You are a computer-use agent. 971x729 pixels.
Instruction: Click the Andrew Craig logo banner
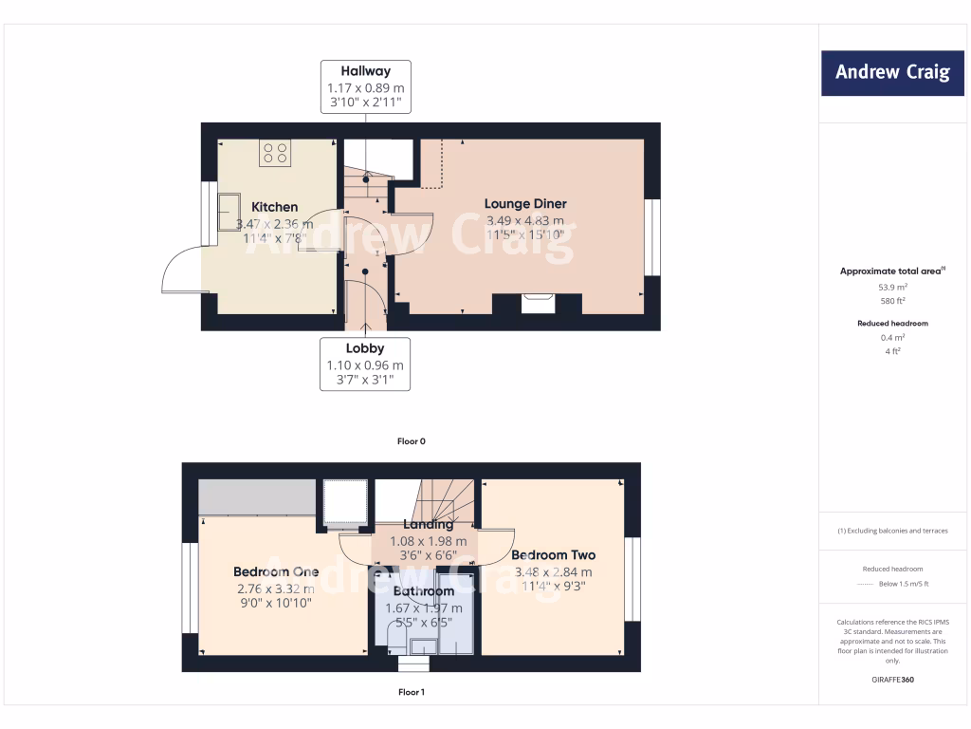[x=892, y=72]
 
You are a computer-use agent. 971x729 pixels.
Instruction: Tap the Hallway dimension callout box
[x=365, y=86]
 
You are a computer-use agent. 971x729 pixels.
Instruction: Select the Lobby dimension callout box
[x=365, y=364]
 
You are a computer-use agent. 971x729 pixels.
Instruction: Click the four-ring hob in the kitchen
[x=275, y=153]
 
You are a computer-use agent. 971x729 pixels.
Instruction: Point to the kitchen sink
[x=229, y=206]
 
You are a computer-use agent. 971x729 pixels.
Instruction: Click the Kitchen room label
[x=274, y=207]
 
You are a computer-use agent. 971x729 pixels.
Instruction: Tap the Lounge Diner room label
[x=525, y=204]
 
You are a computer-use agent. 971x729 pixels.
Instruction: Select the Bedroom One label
[x=276, y=571]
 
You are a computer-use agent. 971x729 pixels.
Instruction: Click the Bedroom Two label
[x=553, y=555]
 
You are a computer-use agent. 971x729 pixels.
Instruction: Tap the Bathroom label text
[x=424, y=591]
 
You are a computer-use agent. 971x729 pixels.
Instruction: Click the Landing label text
[x=428, y=524]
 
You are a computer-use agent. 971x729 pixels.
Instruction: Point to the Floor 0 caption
[x=412, y=441]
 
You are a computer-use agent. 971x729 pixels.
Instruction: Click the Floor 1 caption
[x=412, y=692]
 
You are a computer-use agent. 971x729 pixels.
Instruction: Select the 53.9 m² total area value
[x=892, y=286]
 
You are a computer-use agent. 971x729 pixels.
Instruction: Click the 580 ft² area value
[x=892, y=300]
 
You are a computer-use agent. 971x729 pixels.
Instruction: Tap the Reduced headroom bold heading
[x=892, y=324]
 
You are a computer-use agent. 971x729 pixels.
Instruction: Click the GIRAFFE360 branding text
[x=892, y=680]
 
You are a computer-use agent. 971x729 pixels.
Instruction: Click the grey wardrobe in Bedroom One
[x=257, y=497]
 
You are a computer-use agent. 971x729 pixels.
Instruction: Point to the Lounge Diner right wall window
[x=651, y=237]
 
